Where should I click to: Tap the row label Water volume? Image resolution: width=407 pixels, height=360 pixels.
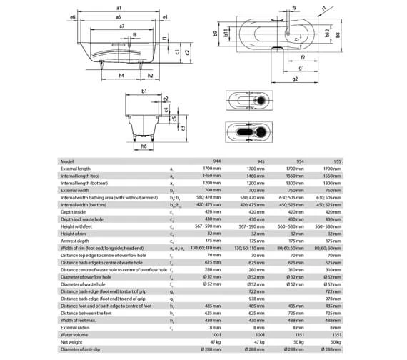[75, 336]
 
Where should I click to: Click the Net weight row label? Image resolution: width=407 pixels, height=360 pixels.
[72, 343]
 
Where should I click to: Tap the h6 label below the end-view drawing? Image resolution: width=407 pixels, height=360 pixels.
[144, 146]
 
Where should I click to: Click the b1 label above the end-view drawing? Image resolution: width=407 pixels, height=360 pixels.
[144, 91]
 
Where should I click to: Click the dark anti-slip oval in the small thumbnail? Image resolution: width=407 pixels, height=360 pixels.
[243, 134]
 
